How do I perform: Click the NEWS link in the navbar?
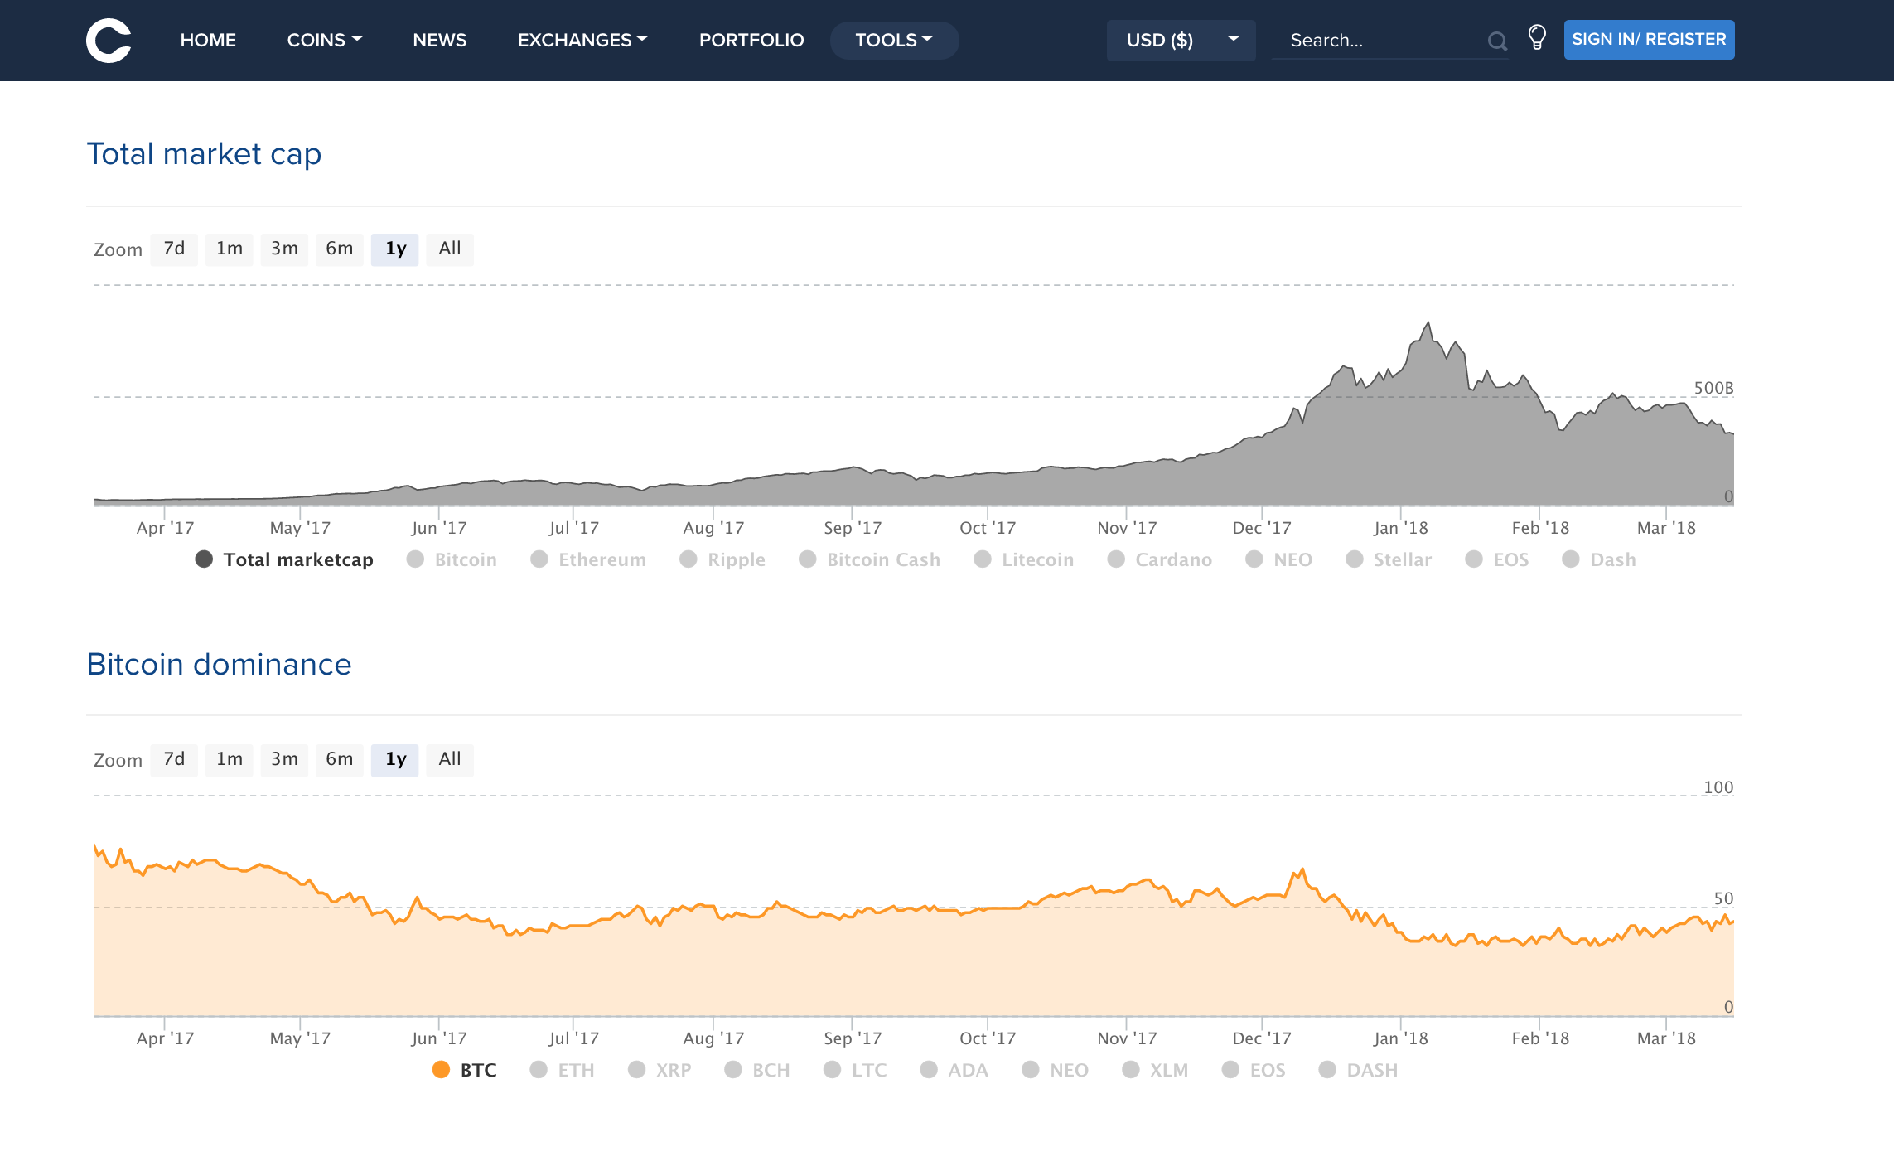tap(439, 40)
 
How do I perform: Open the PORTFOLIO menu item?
tap(751, 40)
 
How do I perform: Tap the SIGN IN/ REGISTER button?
tap(1649, 40)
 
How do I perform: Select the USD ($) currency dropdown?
tap(1181, 40)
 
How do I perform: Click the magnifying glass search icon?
tap(1496, 41)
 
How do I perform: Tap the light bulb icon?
tap(1537, 37)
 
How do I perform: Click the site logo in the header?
tap(109, 40)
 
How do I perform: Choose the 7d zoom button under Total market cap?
tap(174, 249)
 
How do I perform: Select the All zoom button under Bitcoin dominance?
tap(450, 759)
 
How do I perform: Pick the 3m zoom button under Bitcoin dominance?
tap(284, 759)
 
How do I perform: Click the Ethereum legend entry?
tap(602, 559)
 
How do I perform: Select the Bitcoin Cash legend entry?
tap(883, 559)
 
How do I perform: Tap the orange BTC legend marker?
tap(441, 1070)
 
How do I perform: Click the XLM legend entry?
tap(1168, 1070)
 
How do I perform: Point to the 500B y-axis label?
tap(1713, 388)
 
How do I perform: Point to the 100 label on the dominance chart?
tap(1718, 787)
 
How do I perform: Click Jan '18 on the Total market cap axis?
tap(1400, 528)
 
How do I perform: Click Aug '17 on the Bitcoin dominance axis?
tap(713, 1038)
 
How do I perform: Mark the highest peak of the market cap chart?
tap(1428, 323)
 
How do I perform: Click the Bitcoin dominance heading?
tap(219, 665)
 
